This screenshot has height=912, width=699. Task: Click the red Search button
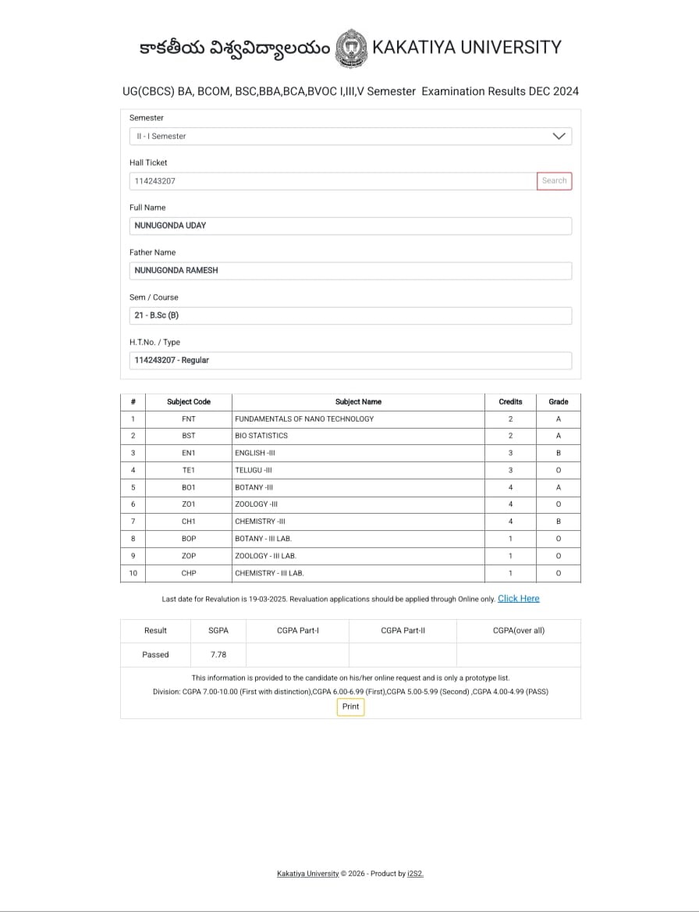pyautogui.click(x=554, y=181)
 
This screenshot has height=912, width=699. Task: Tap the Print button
pyautogui.click(x=351, y=707)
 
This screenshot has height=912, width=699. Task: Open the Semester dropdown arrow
pyautogui.click(x=559, y=136)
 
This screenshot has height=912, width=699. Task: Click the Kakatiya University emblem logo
pyautogui.click(x=350, y=48)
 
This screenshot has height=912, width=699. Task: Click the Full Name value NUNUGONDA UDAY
pyautogui.click(x=171, y=226)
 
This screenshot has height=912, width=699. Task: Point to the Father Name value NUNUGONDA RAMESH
pyautogui.click(x=176, y=271)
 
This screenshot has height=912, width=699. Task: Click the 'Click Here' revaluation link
pyautogui.click(x=518, y=599)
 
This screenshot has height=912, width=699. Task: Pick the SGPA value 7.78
pyautogui.click(x=218, y=654)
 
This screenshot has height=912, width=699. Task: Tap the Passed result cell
pyautogui.click(x=155, y=654)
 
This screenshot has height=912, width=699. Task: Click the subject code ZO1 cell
pyautogui.click(x=189, y=504)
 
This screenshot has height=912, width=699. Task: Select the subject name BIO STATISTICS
pyautogui.click(x=261, y=436)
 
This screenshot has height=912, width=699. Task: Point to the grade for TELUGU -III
pyautogui.click(x=559, y=470)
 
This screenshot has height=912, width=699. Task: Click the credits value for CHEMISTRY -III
pyautogui.click(x=510, y=522)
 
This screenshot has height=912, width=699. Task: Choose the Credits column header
pyautogui.click(x=510, y=401)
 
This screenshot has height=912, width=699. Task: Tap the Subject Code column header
pyautogui.click(x=189, y=401)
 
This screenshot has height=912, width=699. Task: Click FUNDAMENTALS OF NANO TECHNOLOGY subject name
pyautogui.click(x=304, y=419)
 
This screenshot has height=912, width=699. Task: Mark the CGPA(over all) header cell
pyautogui.click(x=518, y=630)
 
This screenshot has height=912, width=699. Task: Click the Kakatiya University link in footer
pyautogui.click(x=307, y=874)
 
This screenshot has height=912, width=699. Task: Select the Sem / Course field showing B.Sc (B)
pyautogui.click(x=351, y=315)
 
